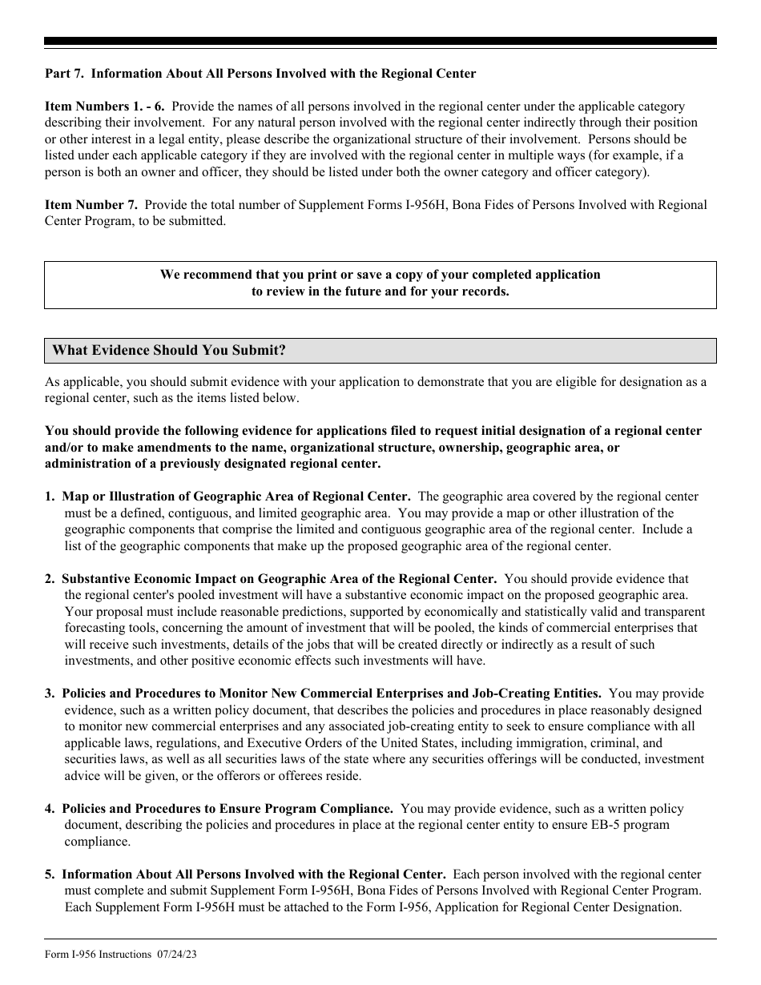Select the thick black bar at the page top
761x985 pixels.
(x=380, y=41)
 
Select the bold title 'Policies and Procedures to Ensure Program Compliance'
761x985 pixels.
(x=227, y=809)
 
